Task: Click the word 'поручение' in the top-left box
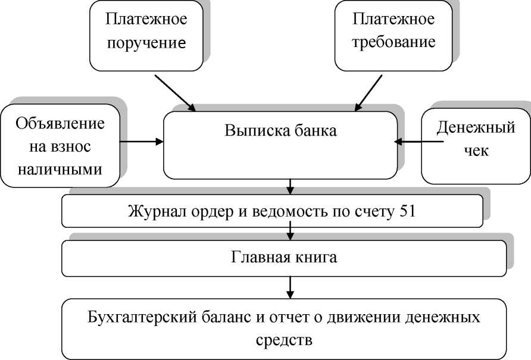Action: pos(146,43)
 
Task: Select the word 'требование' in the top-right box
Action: pos(393,42)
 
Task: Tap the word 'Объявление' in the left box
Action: pos(60,124)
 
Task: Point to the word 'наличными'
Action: pos(60,168)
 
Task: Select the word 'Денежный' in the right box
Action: pos(475,127)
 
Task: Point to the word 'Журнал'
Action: pos(154,211)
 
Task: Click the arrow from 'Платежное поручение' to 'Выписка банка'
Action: pos(174,92)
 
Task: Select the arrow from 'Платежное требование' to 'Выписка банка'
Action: pos(369,90)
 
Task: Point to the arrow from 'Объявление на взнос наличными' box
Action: pos(142,142)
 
